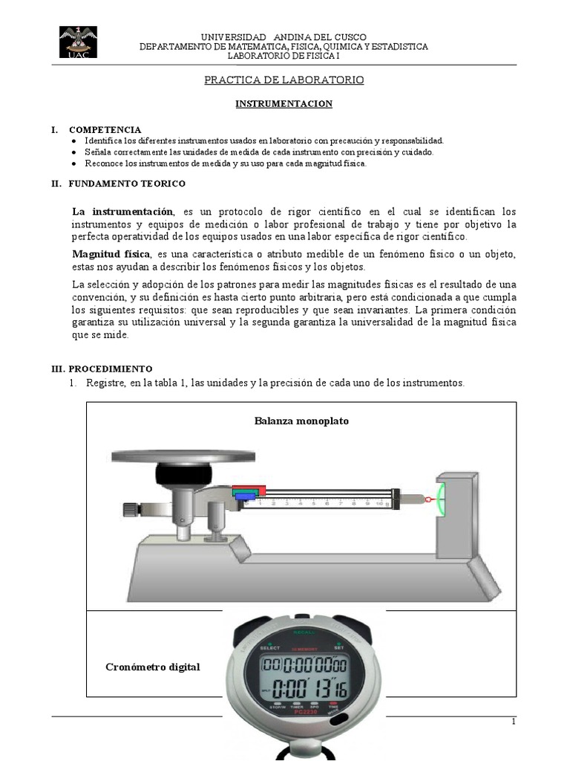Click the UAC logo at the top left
tap(77, 42)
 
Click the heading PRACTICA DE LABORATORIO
tap(284, 80)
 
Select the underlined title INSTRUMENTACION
tap(284, 104)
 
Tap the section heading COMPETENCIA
tap(105, 129)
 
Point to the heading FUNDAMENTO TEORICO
tap(127, 183)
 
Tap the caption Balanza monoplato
tap(301, 421)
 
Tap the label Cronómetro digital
tap(153, 667)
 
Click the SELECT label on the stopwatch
tap(269, 647)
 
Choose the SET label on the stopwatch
tap(339, 647)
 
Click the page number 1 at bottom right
tap(513, 722)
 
